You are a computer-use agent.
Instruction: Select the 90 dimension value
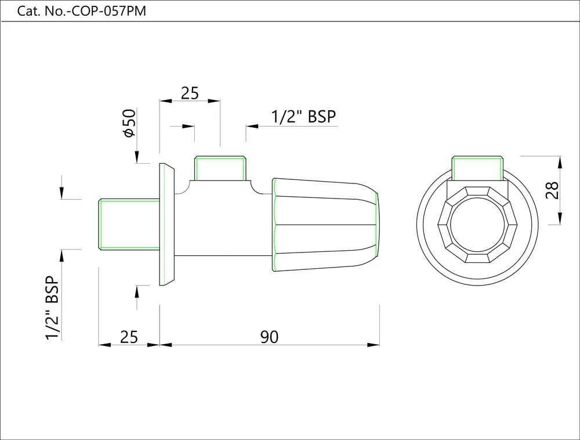269,337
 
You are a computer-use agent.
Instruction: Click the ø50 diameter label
130,123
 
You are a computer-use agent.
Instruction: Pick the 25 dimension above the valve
190,93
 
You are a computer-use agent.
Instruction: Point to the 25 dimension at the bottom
129,337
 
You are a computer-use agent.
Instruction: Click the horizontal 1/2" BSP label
304,117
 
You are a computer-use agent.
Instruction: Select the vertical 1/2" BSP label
52,308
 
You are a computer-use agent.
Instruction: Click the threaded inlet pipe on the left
129,224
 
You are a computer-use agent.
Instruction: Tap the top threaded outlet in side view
220,168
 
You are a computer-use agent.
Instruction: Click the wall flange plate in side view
167,224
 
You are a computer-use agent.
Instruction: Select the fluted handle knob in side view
325,224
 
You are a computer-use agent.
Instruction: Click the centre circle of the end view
477,224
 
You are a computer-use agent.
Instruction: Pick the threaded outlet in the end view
477,168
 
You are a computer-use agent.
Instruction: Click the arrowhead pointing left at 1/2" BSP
252,126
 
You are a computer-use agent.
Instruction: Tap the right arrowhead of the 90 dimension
373,345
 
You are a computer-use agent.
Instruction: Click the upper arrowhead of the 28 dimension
560,163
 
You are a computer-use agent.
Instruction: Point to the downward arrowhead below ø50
137,157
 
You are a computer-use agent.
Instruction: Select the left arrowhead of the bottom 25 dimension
104,345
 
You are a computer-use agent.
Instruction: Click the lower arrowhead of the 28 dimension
560,218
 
